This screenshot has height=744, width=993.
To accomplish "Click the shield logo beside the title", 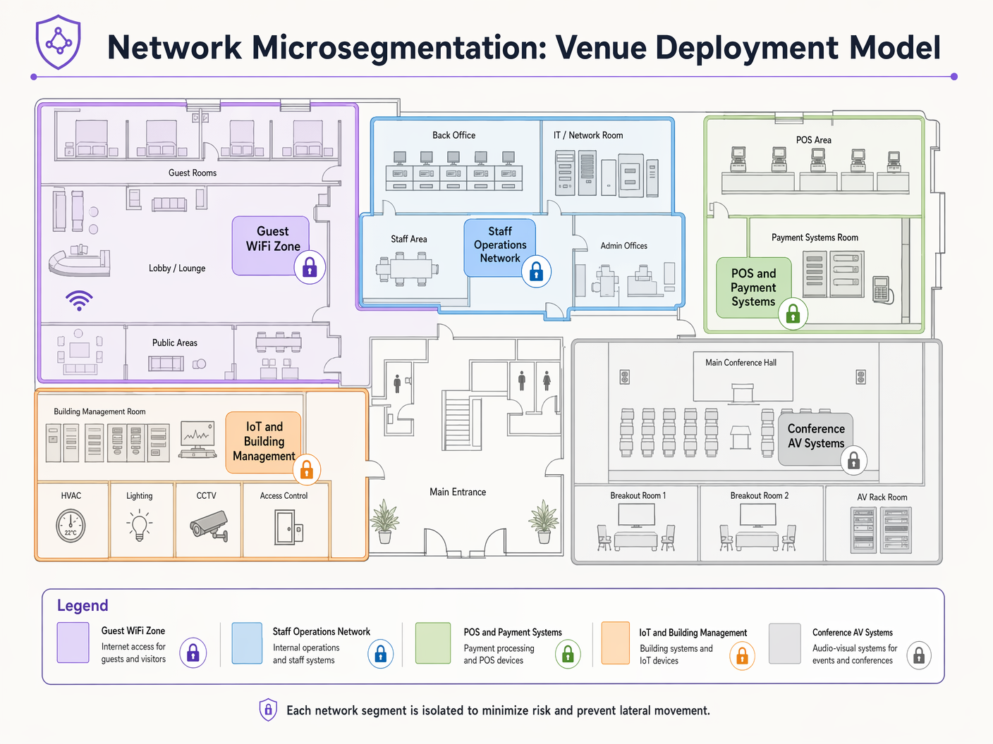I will [59, 42].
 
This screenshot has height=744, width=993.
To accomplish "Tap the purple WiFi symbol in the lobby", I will [79, 301].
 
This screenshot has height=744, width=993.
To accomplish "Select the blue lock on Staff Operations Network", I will [536, 272].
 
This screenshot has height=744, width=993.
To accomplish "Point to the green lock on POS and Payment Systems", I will [793, 314].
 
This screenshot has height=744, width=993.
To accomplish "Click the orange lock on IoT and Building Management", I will [307, 469].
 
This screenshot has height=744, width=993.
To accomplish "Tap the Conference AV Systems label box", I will [815, 437].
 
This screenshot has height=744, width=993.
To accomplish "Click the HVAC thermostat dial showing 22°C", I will [71, 526].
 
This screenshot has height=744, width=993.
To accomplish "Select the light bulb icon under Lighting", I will [139, 526].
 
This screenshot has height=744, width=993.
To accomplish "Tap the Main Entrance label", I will [458, 492].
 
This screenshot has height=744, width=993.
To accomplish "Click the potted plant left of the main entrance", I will [384, 521].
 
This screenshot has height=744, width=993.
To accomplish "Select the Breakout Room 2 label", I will [760, 495].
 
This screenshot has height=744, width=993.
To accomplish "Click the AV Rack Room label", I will [882, 497].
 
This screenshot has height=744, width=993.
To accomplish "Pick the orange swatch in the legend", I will [615, 643].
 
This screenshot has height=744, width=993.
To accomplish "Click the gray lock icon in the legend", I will [918, 656].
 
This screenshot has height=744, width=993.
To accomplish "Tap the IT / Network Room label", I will [588, 135].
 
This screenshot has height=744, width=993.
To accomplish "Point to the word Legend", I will [83, 606].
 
